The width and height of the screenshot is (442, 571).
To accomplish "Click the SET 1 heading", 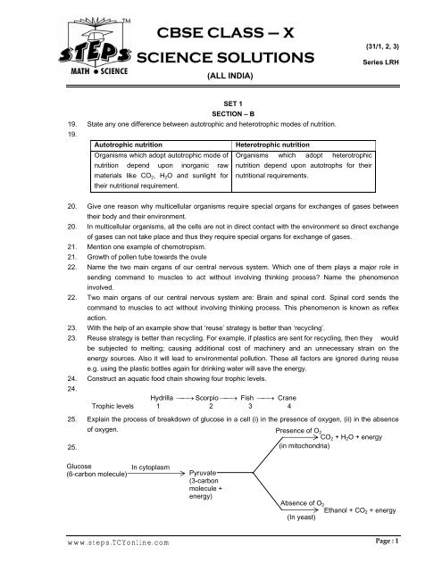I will coord(221,103).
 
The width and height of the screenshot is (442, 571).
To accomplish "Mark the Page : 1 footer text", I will coord(408,562).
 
